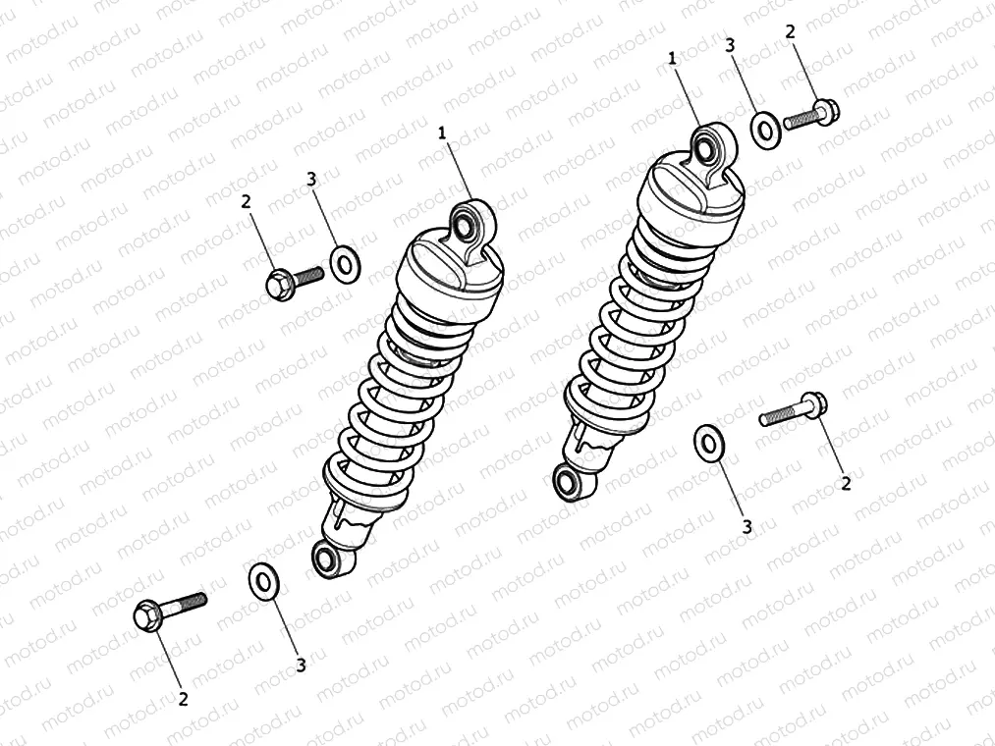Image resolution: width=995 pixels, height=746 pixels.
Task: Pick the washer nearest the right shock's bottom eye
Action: click(708, 443)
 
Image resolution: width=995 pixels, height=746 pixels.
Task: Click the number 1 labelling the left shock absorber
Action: click(443, 133)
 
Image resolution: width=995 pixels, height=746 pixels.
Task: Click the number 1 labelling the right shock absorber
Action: click(672, 59)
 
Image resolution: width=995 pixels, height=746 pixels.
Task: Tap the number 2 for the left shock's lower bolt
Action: click(183, 699)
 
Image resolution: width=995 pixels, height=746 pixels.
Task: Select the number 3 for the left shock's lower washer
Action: click(301, 666)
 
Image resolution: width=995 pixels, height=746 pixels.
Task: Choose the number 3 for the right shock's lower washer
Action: click(746, 527)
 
